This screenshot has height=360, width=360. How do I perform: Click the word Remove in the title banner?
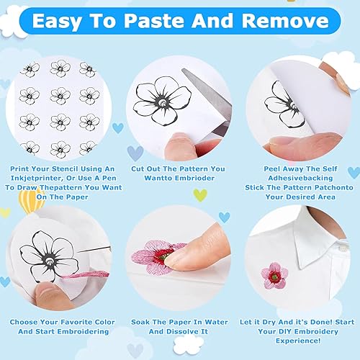click(285, 21)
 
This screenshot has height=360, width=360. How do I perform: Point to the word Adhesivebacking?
click(300, 178)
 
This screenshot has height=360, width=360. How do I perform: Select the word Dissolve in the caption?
click(183, 331)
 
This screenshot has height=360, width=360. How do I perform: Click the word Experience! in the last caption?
click(298, 341)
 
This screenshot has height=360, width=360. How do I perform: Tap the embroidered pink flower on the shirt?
click(274, 276)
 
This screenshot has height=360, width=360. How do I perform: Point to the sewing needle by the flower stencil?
click(94, 250)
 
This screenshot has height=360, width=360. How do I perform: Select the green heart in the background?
click(200, 195)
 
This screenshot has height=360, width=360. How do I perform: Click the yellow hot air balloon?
click(31, 200)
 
